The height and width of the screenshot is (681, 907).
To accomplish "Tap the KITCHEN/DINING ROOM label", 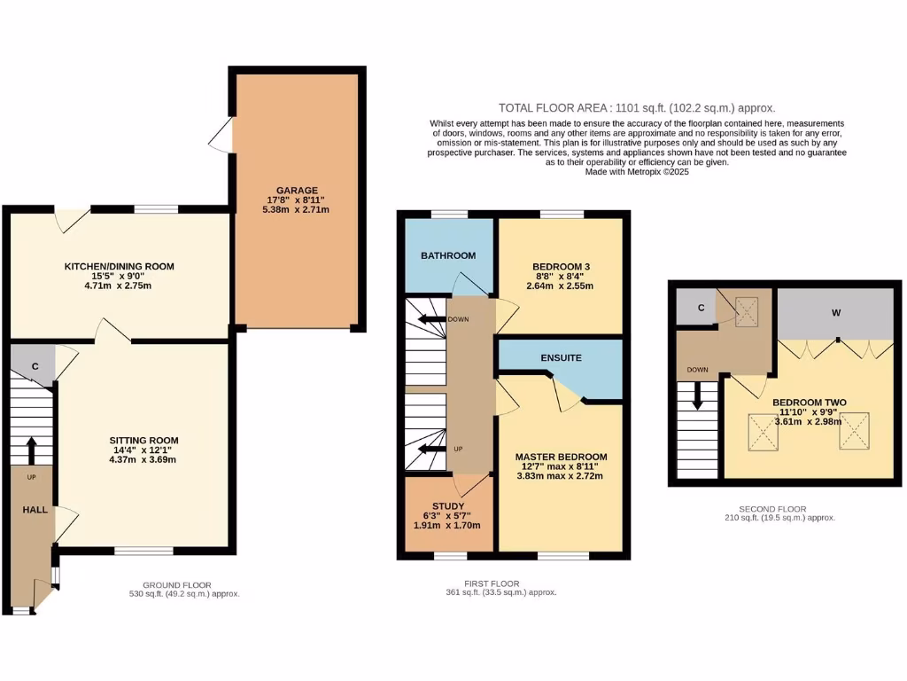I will click(119, 266).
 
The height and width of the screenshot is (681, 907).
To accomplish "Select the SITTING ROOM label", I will click(143, 440).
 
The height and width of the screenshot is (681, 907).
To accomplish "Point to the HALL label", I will click(35, 509).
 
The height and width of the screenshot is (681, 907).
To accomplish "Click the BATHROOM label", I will click(447, 255).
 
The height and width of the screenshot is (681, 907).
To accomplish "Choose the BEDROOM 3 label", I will click(560, 267).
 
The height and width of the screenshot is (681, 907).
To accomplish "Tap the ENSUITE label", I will click(562, 358).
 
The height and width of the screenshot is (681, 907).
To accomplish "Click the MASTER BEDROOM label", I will click(561, 457).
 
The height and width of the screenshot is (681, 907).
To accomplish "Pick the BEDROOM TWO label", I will click(809, 402).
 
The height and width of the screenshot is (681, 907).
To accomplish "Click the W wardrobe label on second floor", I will click(836, 311).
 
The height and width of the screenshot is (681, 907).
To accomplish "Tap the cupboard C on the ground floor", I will click(35, 365).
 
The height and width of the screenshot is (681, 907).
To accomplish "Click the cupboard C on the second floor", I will click(701, 309).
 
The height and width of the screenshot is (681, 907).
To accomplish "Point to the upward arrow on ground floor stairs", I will click(32, 450).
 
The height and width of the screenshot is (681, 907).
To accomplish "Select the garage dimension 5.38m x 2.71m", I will click(296, 210).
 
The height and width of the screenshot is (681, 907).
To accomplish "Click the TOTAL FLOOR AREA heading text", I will click(636, 106).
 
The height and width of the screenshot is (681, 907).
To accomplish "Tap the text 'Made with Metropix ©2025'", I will click(636, 172).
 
